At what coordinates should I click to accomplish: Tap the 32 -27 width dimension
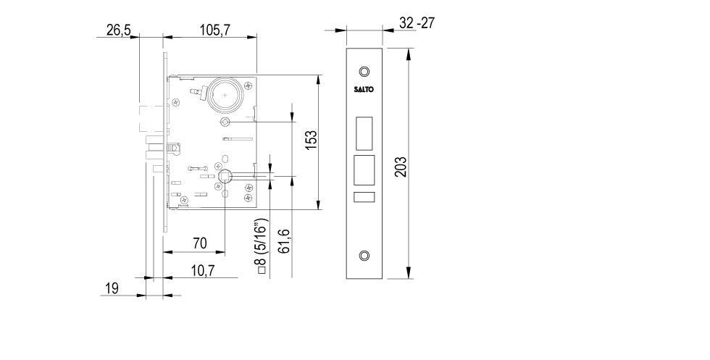click(417, 23)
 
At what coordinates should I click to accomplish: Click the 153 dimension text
click(309, 140)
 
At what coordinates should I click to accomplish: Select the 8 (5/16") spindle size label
click(262, 246)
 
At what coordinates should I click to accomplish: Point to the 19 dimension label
click(112, 288)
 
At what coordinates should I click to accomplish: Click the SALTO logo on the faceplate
click(364, 89)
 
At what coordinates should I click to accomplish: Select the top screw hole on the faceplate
click(364, 72)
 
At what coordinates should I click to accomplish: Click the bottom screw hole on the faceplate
click(364, 256)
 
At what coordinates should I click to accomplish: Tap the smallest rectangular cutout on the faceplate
click(364, 198)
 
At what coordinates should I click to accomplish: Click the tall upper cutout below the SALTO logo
click(364, 131)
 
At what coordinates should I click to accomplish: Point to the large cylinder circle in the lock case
click(226, 95)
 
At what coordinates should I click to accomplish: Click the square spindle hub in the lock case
click(225, 175)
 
